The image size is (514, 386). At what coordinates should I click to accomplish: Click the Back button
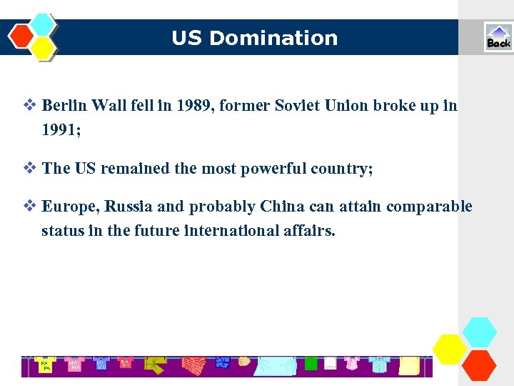498,37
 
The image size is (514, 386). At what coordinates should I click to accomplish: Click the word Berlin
66,107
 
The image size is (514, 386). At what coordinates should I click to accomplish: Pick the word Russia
128,207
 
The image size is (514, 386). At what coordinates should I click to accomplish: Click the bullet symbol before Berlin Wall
29,106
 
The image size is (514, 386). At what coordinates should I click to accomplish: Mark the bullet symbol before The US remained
29,169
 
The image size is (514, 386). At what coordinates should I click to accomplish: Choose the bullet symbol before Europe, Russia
29,207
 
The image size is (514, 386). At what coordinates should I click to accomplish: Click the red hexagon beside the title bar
21,36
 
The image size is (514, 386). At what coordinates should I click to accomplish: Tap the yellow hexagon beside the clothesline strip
450,348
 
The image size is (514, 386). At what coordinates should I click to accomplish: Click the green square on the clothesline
311,364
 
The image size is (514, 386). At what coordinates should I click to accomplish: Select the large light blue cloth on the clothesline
274,365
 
